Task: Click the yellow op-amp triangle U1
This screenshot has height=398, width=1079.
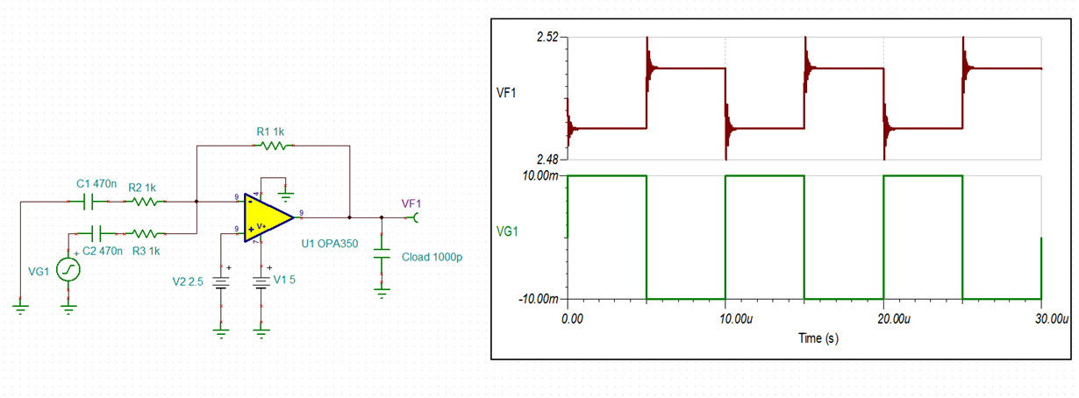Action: pos(266,216)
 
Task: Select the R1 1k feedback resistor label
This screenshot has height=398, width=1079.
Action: pos(270,131)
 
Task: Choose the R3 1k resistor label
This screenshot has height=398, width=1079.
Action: pos(146,251)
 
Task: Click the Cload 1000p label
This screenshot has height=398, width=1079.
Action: pos(431,257)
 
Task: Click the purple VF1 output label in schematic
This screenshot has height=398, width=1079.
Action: pos(411,203)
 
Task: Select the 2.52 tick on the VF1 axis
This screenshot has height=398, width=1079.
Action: pos(546,38)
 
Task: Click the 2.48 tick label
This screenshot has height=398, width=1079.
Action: pos(546,160)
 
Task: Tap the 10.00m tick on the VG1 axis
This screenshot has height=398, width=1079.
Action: pos(540,176)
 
